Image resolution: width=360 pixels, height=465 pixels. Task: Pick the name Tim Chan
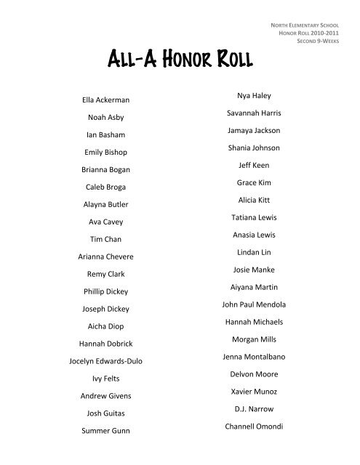(x=106, y=240)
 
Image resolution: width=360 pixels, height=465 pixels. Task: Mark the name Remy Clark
(x=106, y=275)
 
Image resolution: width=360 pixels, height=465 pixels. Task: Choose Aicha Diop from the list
(x=106, y=326)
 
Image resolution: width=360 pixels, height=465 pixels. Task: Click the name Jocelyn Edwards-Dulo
(x=106, y=361)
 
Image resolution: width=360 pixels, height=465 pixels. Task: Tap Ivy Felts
(x=106, y=379)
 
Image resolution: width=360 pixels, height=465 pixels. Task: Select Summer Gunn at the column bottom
(x=106, y=431)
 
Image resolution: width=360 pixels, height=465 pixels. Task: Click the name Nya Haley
(x=250, y=95)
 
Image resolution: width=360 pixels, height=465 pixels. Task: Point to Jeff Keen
(x=250, y=165)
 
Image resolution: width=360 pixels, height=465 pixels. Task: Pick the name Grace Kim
(x=250, y=182)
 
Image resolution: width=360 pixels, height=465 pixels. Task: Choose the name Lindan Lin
(x=250, y=251)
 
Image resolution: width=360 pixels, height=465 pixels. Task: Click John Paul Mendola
(x=250, y=304)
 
